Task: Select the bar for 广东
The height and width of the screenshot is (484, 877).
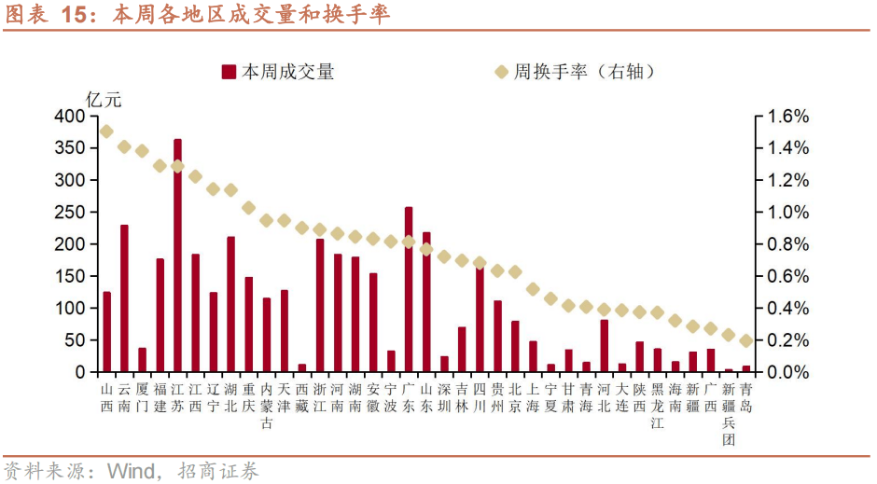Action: click(x=409, y=289)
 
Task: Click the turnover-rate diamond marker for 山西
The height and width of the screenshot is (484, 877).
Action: click(x=106, y=131)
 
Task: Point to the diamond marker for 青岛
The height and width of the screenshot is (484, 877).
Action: click(x=745, y=341)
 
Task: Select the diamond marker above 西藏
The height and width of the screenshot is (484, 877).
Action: click(x=301, y=228)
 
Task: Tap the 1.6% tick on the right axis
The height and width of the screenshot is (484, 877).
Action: click(x=787, y=117)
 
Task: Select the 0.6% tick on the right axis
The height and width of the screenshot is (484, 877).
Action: click(x=787, y=276)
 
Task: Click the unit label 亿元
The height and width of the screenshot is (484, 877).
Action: click(x=104, y=97)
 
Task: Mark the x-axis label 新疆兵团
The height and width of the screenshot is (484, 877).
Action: click(x=729, y=412)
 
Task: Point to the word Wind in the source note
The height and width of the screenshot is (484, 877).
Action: click(x=130, y=471)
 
